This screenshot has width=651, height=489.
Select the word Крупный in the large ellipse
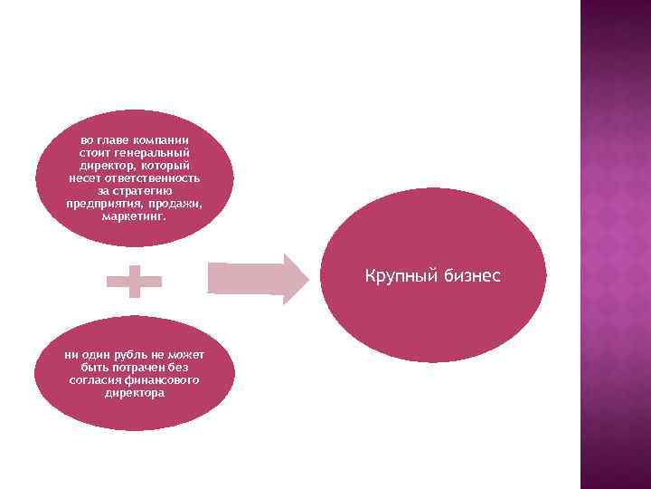(x=401, y=274)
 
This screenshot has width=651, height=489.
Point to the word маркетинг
(x=135, y=216)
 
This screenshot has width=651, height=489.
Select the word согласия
(x=97, y=381)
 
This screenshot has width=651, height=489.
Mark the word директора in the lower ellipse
(x=135, y=394)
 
